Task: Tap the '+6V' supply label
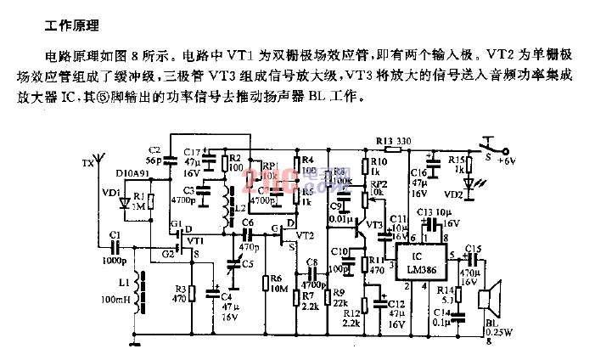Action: [508, 160]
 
